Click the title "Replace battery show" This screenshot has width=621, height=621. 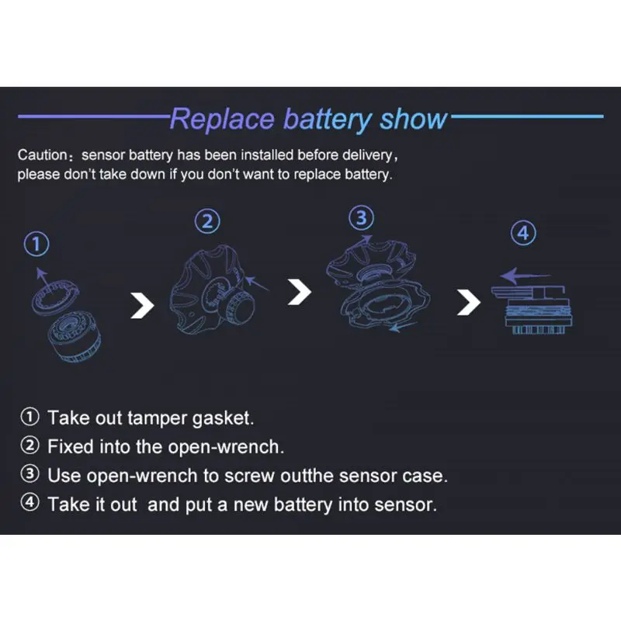[x=308, y=120]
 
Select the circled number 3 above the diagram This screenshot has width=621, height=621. [x=361, y=219]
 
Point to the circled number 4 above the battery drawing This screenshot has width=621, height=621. [x=526, y=233]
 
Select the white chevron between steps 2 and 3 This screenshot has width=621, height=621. [x=300, y=293]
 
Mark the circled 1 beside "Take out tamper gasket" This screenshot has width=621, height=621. [x=29, y=418]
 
